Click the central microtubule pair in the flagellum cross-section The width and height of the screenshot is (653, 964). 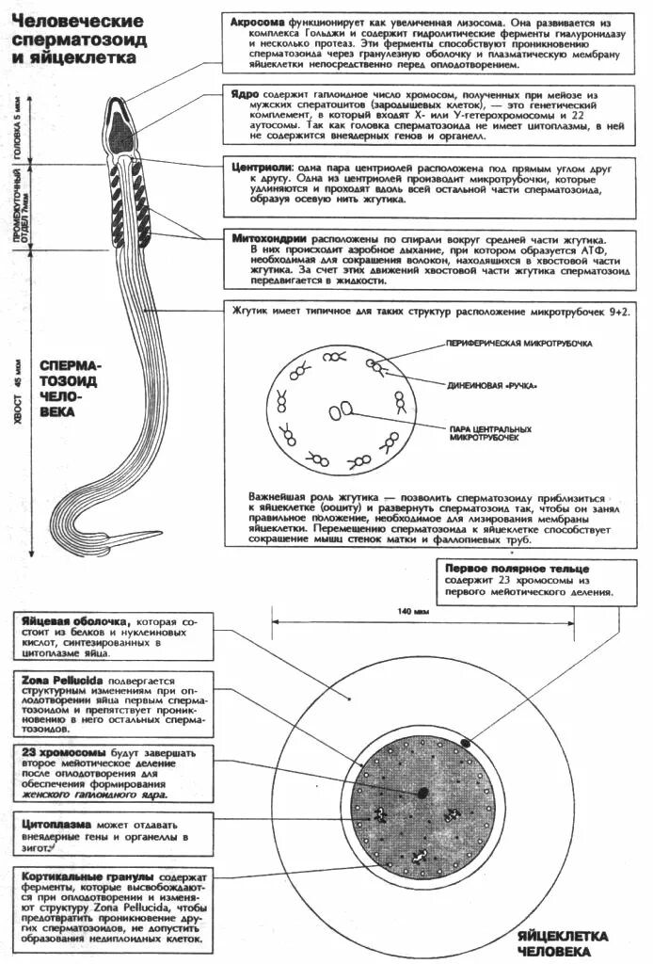tap(340, 410)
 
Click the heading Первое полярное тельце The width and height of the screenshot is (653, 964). tap(518, 570)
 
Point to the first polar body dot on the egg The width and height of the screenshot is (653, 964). tap(466, 745)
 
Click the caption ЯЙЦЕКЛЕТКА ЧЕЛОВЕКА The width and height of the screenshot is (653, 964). tap(563, 943)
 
